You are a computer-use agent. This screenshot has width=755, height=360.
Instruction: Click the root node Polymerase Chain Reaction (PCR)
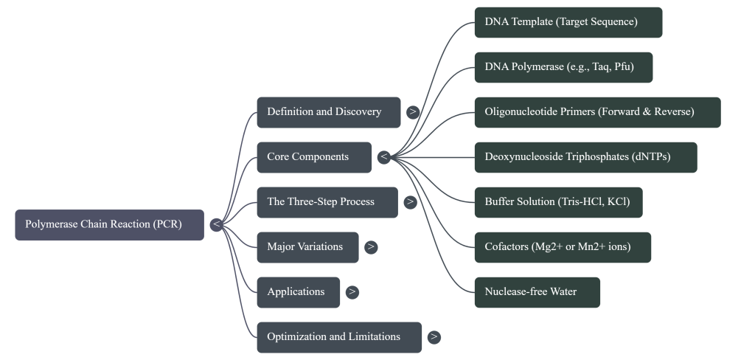(x=109, y=225)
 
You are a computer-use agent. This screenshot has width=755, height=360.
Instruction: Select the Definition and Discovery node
(x=328, y=112)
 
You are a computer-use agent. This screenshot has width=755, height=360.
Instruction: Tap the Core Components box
(x=314, y=157)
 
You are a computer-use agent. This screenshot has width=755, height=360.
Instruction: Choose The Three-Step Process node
(x=327, y=202)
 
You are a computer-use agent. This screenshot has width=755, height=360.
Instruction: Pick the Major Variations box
(x=307, y=247)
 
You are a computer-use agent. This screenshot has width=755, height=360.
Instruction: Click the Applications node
(x=298, y=292)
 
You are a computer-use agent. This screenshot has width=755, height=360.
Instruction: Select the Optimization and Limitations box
(x=339, y=337)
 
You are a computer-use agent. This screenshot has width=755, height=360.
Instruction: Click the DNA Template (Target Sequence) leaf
(x=568, y=22)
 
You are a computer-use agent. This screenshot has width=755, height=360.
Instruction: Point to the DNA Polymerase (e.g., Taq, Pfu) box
(x=563, y=67)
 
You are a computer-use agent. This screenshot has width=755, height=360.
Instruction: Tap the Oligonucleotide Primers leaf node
(x=597, y=112)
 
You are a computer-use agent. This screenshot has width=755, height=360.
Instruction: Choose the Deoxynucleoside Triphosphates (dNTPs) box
(x=585, y=157)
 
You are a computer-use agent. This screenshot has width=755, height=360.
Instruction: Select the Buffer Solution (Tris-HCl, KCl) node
(x=558, y=202)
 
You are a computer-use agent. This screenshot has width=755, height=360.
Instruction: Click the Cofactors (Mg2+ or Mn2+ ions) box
(x=563, y=247)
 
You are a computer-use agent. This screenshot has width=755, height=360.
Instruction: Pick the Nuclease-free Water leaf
(x=537, y=292)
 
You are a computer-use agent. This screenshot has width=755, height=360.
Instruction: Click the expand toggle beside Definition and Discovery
(x=413, y=112)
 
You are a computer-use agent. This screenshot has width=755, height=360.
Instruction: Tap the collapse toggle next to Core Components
(x=383, y=157)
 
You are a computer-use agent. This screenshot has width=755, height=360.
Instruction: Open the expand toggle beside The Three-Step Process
(x=410, y=202)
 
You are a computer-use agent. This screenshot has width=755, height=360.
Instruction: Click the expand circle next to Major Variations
(x=371, y=247)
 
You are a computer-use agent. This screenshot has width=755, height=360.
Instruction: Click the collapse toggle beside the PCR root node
(x=216, y=225)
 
